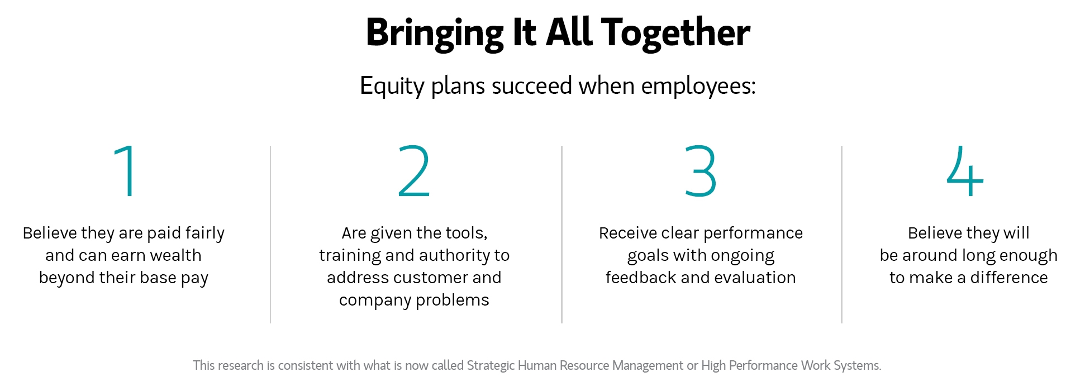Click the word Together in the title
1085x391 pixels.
click(x=675, y=33)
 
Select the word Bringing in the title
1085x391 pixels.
click(x=435, y=33)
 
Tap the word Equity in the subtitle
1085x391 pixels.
click(x=392, y=87)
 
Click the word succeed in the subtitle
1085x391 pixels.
click(x=532, y=86)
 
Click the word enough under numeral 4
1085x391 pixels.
click(x=1029, y=256)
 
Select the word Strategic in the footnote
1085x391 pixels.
click(x=491, y=366)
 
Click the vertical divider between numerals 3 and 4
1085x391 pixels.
click(x=841, y=235)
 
